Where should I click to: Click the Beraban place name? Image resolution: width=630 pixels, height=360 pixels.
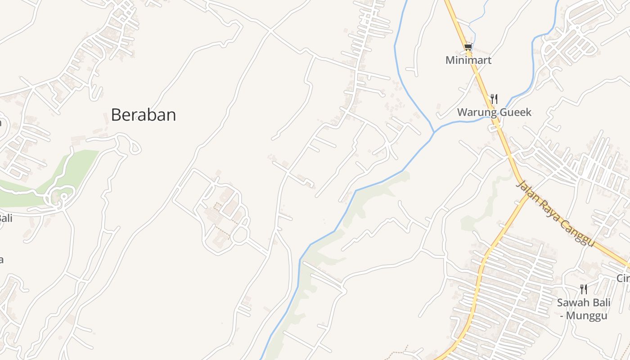tap(143, 115)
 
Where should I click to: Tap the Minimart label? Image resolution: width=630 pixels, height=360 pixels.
tap(468, 60)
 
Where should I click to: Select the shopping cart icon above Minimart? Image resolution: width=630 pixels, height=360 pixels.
tap(468, 47)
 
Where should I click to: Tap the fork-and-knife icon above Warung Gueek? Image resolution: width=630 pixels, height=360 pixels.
tap(494, 99)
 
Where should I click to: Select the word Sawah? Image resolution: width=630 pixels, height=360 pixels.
tap(573, 302)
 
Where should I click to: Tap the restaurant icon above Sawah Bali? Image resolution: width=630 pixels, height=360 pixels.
tap(584, 289)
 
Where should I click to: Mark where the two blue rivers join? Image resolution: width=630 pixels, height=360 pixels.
tap(434, 132)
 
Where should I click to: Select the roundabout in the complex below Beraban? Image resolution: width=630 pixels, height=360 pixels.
tap(240, 234)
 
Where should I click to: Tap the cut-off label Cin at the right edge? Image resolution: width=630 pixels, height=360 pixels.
tap(623, 279)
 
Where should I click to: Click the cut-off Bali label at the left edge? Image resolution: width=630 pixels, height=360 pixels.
tap(5, 219)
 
